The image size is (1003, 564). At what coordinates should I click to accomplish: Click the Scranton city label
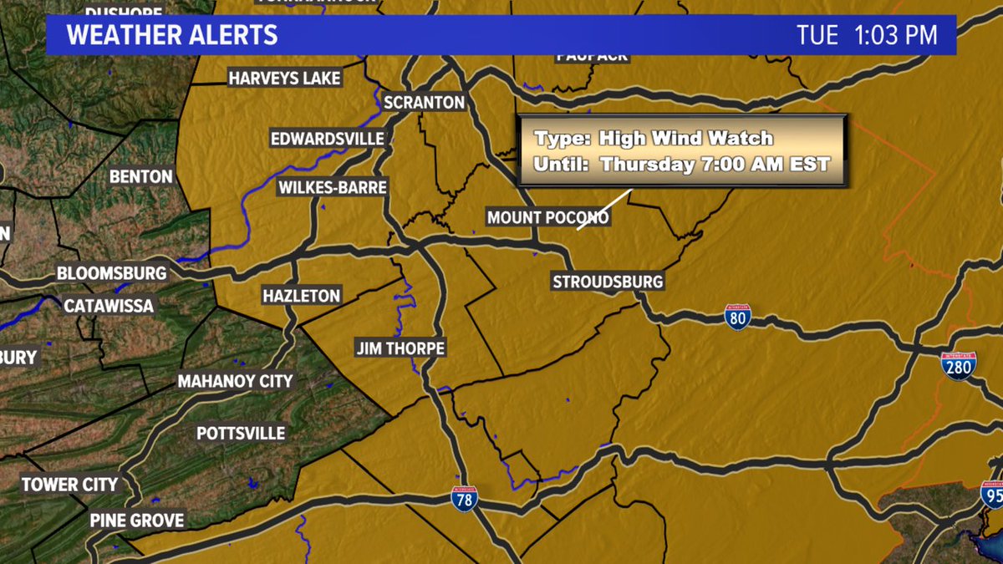point(424,103)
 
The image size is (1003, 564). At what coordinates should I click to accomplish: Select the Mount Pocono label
point(547,218)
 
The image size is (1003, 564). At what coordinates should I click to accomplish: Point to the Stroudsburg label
point(608,282)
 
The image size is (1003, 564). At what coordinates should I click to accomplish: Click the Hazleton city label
point(302,296)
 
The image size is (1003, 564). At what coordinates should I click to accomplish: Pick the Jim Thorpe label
point(400,348)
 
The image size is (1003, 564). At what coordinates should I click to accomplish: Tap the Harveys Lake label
point(285,79)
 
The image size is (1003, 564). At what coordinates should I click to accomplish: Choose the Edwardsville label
point(328,139)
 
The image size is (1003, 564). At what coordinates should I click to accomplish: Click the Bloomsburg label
point(112,273)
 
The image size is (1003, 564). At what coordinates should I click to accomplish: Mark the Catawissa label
point(109,306)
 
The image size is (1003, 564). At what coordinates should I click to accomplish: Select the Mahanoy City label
point(235,382)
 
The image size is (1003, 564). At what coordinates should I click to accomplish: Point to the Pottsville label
point(241,434)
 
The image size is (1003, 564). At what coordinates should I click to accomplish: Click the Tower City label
point(69,485)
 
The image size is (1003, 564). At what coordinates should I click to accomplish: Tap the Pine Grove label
point(137,520)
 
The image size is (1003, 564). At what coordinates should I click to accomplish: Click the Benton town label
point(141,177)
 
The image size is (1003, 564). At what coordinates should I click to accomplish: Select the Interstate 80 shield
point(737,317)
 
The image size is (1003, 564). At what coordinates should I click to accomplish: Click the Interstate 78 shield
point(464,499)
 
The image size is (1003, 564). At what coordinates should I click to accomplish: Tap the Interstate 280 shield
point(958,365)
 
